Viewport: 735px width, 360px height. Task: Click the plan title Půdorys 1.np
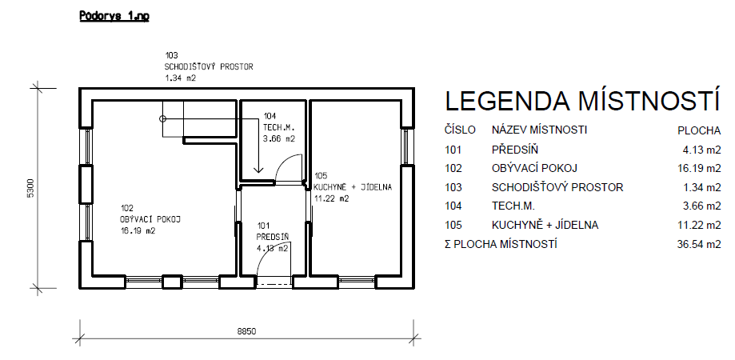click(114, 16)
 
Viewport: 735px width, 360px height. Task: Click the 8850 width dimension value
click(246, 331)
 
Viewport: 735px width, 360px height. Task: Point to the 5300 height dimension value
click(31, 188)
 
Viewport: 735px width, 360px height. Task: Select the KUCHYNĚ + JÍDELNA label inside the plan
click(353, 187)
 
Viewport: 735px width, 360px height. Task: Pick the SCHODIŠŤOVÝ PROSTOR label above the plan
click(209, 66)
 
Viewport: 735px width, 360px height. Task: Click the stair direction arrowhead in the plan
click(258, 170)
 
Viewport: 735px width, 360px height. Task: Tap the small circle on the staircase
click(162, 118)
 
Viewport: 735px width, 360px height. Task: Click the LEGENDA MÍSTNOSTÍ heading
click(581, 101)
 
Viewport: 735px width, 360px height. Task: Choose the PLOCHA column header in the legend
click(699, 130)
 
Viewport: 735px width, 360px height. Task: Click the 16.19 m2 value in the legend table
click(699, 168)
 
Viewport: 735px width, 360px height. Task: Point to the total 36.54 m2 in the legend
click(699, 244)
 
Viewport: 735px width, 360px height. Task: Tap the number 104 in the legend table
click(453, 206)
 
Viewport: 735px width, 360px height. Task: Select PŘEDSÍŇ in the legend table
click(515, 150)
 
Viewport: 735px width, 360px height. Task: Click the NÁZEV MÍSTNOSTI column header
click(539, 130)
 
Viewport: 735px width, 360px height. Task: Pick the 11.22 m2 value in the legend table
click(699, 225)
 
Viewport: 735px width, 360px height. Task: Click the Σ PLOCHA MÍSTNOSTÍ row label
click(501, 244)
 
